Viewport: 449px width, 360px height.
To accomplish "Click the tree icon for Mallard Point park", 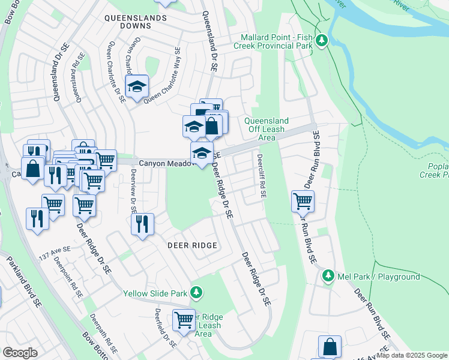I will point(323,41).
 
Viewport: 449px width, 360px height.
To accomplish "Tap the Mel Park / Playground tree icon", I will point(328,276).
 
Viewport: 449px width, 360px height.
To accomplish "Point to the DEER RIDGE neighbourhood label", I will point(191,246).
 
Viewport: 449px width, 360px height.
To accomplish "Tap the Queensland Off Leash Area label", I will point(267,129).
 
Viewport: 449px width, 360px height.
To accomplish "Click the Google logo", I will point(20,352).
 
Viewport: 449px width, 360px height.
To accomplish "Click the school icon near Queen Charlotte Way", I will point(137,86).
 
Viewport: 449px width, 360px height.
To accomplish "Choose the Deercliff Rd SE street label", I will point(261,178).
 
